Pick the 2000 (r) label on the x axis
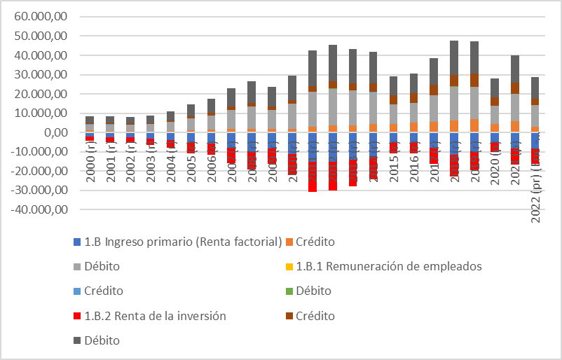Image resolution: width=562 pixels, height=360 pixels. click(x=90, y=163)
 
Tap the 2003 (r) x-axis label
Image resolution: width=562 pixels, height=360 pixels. click(x=151, y=163)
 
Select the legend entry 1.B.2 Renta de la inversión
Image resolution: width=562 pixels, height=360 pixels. click(x=155, y=316)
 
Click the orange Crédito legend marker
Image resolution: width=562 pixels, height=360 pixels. click(x=289, y=242)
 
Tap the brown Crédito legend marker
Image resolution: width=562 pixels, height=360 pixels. click(x=289, y=316)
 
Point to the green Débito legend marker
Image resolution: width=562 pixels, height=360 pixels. click(x=289, y=291)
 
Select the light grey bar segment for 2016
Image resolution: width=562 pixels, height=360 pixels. click(x=414, y=113)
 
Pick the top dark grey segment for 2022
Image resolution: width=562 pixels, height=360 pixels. click(x=536, y=88)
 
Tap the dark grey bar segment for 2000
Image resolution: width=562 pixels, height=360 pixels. click(x=90, y=120)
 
